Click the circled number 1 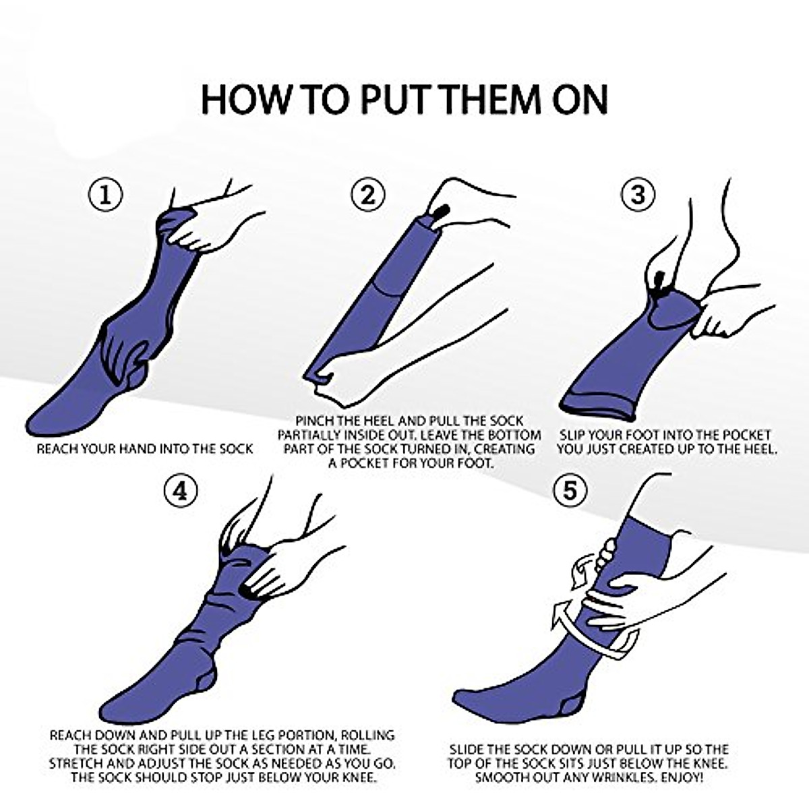[x=105, y=196]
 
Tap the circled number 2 [x=368, y=195]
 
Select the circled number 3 [x=638, y=194]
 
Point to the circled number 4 [x=181, y=490]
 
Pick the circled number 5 [x=570, y=490]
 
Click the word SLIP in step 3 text [x=574, y=435]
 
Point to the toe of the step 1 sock [x=36, y=423]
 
